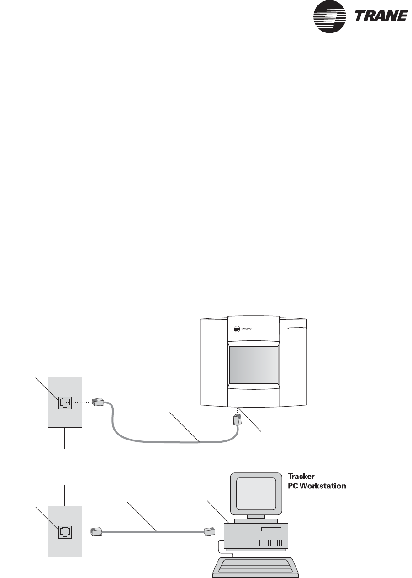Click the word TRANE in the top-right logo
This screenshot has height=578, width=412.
pyautogui.click(x=381, y=16)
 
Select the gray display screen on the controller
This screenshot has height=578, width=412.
pyautogui.click(x=254, y=365)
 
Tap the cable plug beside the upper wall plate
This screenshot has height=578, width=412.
pyautogui.click(x=98, y=402)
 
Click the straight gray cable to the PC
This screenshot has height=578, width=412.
pyautogui.click(x=153, y=531)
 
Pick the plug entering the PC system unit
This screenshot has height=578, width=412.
pyautogui.click(x=209, y=531)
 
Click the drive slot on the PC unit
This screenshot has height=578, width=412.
pyautogui.click(x=271, y=530)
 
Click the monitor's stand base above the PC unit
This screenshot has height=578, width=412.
pyautogui.click(x=256, y=520)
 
